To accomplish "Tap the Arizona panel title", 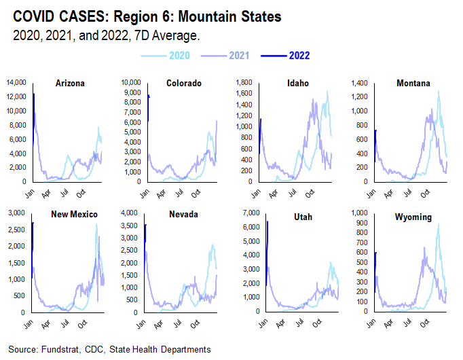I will [70, 84].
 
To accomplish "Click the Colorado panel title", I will [182, 84].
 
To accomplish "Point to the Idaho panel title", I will [297, 84].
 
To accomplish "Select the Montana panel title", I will [413, 84].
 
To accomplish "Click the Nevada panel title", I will [183, 215].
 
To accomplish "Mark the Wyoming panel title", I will [414, 215].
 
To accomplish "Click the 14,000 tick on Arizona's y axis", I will [16, 83].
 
